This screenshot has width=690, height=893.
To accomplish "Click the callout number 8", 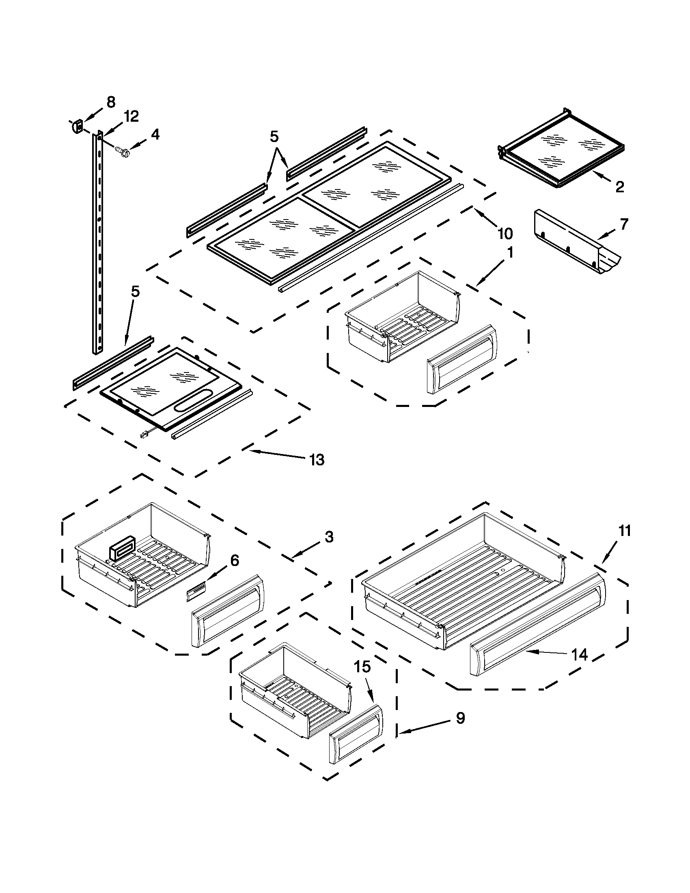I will tap(110, 102).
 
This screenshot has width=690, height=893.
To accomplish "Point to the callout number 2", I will tap(620, 187).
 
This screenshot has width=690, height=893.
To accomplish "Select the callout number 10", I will tap(505, 234).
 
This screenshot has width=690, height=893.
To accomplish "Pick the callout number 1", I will tap(510, 254).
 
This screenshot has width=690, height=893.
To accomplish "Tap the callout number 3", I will tap(329, 536).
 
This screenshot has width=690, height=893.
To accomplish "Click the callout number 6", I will tap(234, 560).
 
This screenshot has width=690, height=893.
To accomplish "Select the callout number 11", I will tap(624, 531).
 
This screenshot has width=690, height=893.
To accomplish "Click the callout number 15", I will tap(362, 667).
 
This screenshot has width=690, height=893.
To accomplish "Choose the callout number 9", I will tap(460, 719).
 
